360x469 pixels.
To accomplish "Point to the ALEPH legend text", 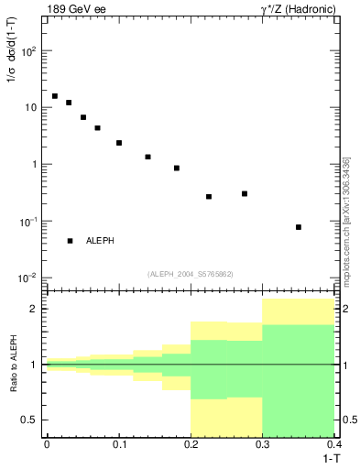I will point(100,241).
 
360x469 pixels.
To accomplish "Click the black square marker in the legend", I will point(71,241).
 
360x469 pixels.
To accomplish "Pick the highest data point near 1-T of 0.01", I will point(55,96).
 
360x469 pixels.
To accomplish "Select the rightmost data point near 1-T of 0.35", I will point(299,227).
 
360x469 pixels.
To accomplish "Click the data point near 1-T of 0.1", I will point(119,143).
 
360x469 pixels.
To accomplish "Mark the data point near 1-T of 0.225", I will point(209,197).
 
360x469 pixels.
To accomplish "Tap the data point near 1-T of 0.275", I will point(245,193).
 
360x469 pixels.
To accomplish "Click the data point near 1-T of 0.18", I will point(177,169).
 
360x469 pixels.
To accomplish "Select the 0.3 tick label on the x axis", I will point(263,444).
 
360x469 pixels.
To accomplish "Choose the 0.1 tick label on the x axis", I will point(119,444).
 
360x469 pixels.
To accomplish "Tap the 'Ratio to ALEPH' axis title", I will point(13,364).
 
